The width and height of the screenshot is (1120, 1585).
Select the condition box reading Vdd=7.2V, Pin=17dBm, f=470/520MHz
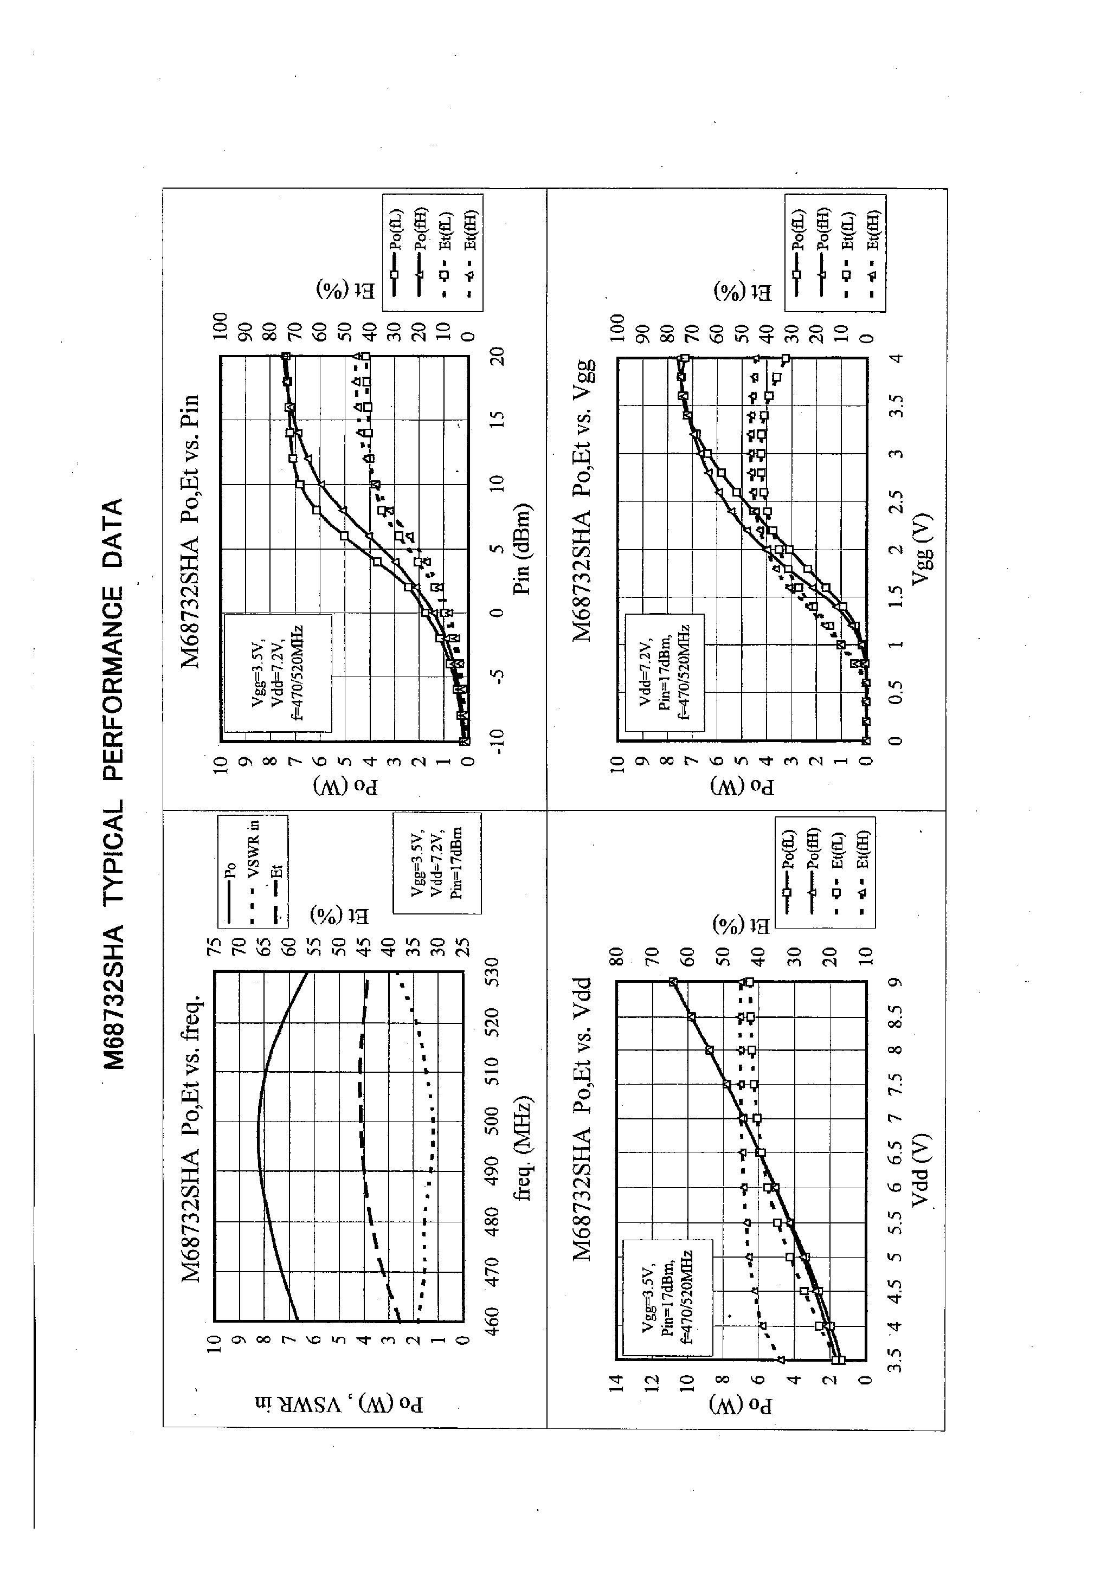(x=664, y=672)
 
